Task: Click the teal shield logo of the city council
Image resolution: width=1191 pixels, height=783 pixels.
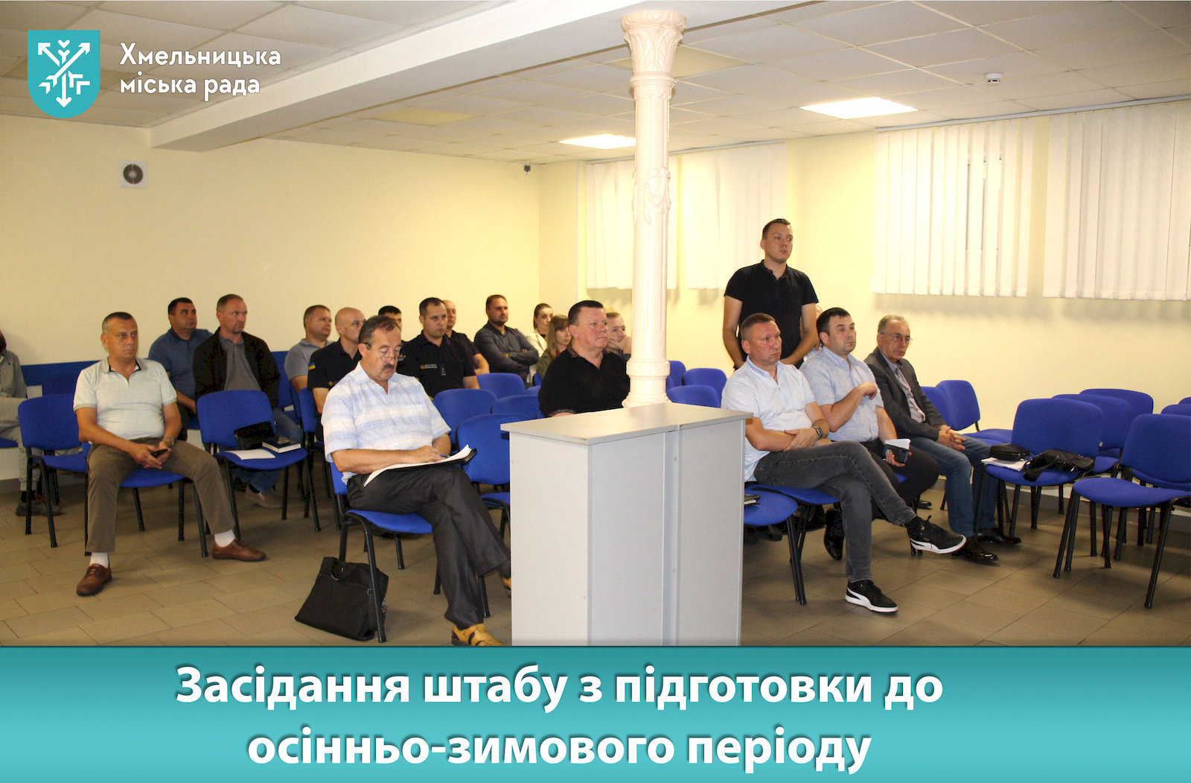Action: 64,73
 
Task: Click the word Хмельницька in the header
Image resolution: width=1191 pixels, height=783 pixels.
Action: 200,55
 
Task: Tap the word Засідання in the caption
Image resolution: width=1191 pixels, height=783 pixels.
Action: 293,686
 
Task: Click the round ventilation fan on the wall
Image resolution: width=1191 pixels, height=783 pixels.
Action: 133,174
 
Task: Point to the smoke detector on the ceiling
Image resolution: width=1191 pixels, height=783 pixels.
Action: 994,78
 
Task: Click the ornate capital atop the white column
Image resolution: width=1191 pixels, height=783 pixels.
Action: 654,42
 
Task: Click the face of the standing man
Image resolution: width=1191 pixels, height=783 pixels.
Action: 777,243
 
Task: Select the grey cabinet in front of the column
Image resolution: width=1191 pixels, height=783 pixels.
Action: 626,524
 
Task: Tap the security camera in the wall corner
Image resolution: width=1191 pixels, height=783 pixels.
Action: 527,168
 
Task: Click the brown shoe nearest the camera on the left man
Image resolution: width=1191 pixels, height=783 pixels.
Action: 94,579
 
